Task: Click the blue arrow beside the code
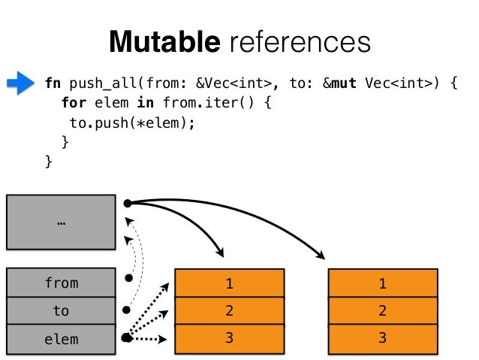(x=20, y=83)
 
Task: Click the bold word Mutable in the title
(x=164, y=41)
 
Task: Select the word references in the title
(x=300, y=42)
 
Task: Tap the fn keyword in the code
(x=53, y=83)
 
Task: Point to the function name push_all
(x=104, y=83)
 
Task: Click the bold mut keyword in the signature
(x=344, y=83)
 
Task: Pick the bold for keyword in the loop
(x=73, y=102)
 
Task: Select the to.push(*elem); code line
(x=132, y=123)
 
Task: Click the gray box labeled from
(x=61, y=283)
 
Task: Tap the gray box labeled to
(x=61, y=310)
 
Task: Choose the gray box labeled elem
(x=61, y=339)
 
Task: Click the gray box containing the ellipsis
(x=61, y=222)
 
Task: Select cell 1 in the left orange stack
(x=230, y=283)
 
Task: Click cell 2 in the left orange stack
(x=230, y=310)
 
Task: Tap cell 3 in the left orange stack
(x=230, y=339)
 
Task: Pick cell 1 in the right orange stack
(x=383, y=283)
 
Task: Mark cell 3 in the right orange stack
(x=383, y=339)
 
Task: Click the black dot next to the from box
(x=129, y=278)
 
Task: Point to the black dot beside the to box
(x=126, y=310)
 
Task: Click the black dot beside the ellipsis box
(x=128, y=203)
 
